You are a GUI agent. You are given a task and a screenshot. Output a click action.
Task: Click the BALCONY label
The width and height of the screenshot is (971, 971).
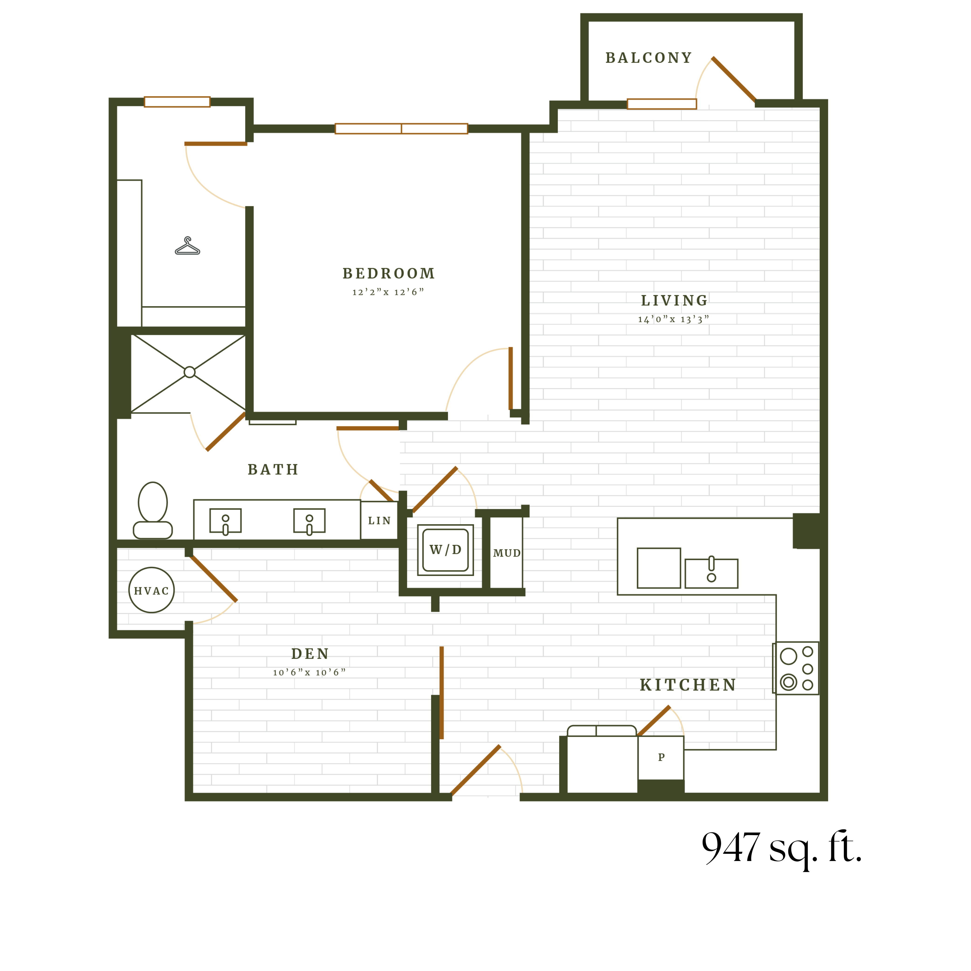pos(648,58)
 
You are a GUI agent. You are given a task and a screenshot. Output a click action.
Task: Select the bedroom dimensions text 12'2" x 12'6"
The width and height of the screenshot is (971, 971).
pos(388,292)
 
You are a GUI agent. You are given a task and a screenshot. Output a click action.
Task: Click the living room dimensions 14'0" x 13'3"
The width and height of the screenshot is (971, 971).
pos(674,319)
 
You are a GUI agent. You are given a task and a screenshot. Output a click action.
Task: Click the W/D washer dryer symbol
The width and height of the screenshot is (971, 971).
pos(445,550)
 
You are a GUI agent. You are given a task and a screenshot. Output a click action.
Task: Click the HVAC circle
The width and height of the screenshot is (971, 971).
pos(151,590)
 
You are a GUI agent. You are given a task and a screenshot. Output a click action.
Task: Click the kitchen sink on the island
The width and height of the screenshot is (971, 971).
pos(711,573)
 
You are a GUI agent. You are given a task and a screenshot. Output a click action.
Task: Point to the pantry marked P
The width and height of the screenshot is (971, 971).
pos(661,757)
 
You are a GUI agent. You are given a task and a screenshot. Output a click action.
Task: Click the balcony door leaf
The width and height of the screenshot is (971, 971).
pos(734,79)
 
